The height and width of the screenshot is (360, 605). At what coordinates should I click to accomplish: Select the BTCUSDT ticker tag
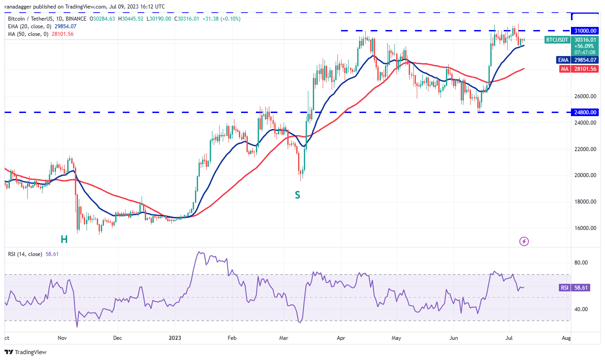[557, 40]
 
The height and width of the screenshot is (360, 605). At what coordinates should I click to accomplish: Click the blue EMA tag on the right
[563, 60]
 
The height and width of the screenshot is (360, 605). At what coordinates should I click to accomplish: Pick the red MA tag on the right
[563, 69]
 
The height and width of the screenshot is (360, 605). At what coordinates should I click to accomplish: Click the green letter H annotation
[64, 239]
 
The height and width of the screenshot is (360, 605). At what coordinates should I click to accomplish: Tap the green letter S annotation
[297, 195]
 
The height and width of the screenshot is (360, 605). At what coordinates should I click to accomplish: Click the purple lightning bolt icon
[524, 242]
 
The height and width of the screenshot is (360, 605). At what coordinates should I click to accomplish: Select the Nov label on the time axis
[62, 337]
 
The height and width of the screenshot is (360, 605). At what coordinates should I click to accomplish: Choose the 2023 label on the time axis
[175, 337]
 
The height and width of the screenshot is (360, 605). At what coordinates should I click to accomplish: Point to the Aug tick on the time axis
[566, 337]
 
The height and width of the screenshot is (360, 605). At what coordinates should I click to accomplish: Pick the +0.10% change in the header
[229, 19]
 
